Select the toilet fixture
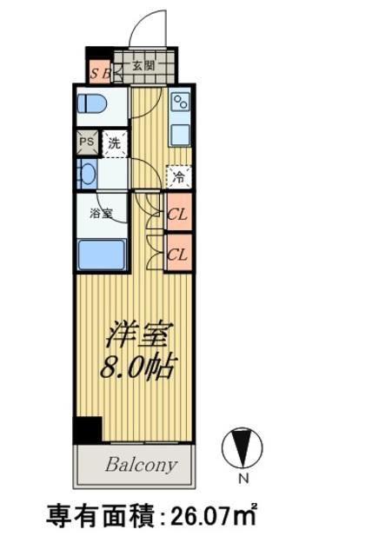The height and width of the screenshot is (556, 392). coord(91,104)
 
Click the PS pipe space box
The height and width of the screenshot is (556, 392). coord(87,142)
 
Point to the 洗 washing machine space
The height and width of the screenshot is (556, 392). coord(114,143)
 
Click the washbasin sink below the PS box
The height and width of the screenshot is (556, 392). coord(87,173)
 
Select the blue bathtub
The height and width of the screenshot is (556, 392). coord(102,254)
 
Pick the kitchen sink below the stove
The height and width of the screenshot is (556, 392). coord(181,134)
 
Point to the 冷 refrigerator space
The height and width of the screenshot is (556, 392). coord(178,178)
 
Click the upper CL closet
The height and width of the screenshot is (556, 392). coord(177,214)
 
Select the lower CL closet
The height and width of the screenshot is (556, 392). coord(177,255)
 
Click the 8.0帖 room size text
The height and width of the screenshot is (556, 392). coord(136,367)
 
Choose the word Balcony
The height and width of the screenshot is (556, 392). coord(141,464)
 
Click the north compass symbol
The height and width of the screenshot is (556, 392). coord(242,449)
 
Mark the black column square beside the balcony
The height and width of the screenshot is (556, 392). coord(87,430)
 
